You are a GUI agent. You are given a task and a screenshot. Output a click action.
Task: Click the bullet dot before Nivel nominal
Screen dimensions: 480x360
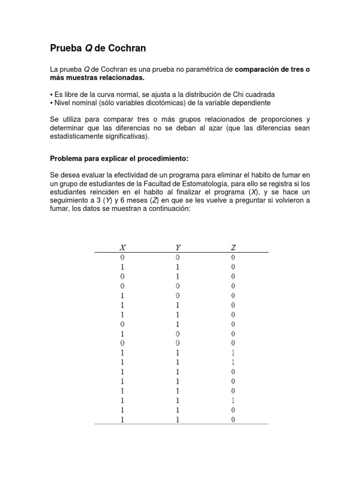pyautogui.click(x=52, y=102)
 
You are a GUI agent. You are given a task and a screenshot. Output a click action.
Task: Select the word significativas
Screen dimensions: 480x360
pyautogui.click(x=126, y=136)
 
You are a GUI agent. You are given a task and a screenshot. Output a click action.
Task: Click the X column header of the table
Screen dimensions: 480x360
pyautogui.click(x=122, y=247)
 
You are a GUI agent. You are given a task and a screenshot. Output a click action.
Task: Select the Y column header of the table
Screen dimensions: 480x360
pyautogui.click(x=178, y=247)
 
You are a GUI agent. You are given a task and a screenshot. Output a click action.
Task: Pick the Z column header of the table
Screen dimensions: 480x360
pyautogui.click(x=233, y=247)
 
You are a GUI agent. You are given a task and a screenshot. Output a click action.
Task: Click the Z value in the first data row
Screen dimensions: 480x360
pyautogui.click(x=233, y=257)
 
